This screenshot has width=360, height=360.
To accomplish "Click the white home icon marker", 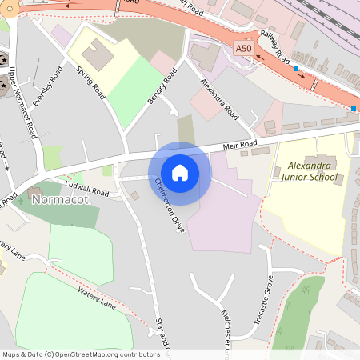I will (x=180, y=173).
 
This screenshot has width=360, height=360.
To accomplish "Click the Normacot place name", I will (x=58, y=199).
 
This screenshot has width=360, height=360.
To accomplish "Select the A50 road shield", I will (x=244, y=50).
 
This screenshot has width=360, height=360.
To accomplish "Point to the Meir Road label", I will (x=239, y=146).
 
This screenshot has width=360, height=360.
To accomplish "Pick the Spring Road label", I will (x=90, y=83).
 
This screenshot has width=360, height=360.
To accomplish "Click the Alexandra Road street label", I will (x=219, y=97).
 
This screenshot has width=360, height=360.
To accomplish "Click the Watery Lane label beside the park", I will (x=97, y=300).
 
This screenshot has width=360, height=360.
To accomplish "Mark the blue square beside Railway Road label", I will (x=296, y=70).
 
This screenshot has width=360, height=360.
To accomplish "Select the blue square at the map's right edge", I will (x=354, y=108).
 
